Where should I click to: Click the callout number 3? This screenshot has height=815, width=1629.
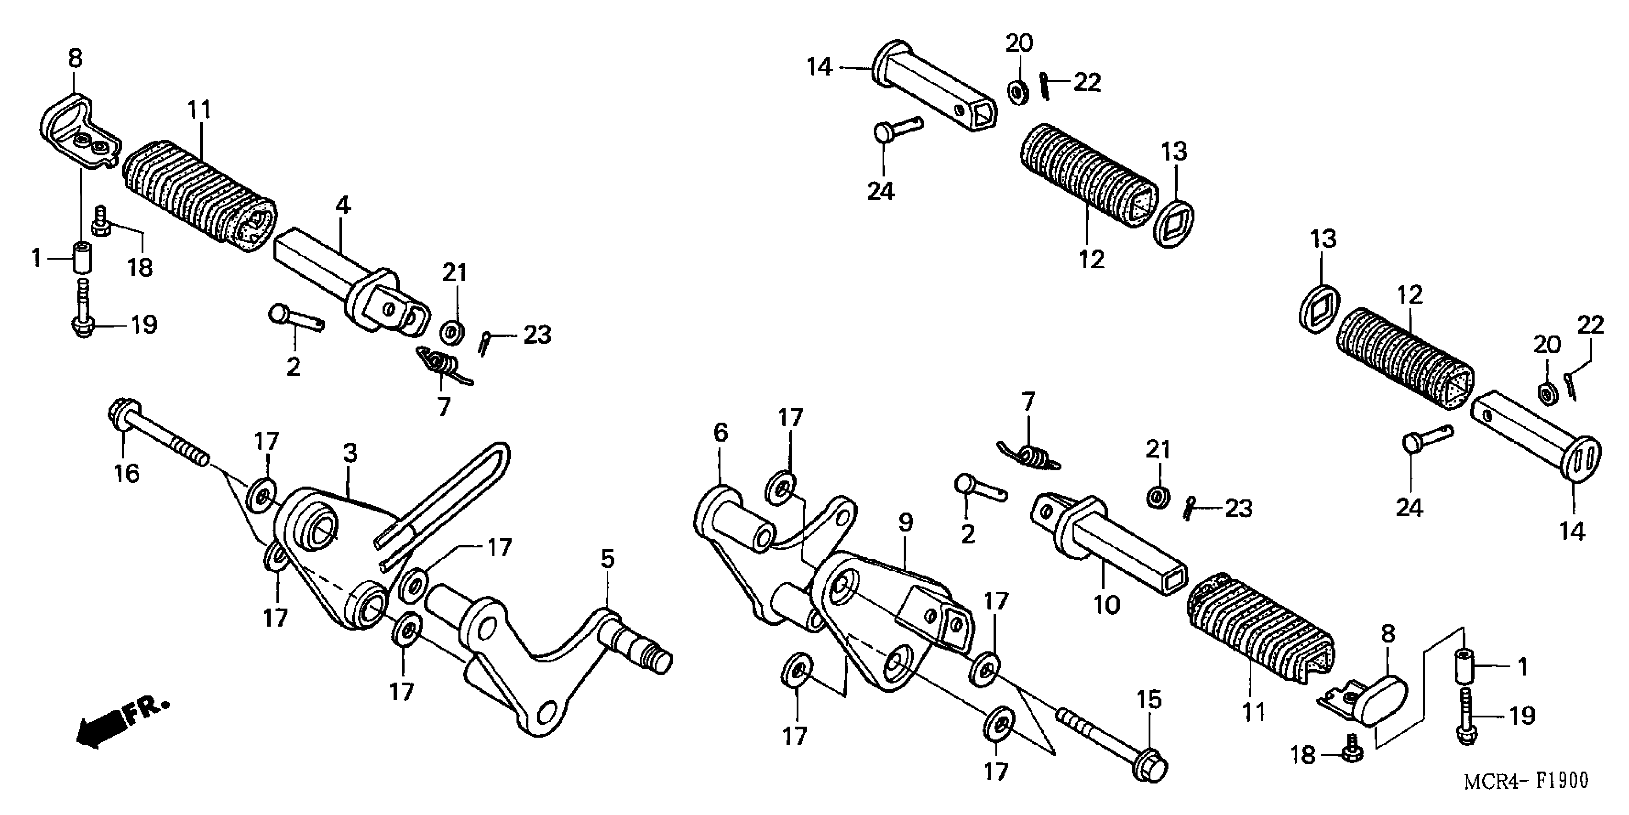(x=350, y=453)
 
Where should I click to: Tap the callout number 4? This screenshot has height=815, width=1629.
(x=342, y=205)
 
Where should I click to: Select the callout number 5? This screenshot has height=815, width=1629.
(x=607, y=559)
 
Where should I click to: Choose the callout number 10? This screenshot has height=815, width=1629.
(x=1107, y=605)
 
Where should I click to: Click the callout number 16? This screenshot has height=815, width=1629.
(x=126, y=473)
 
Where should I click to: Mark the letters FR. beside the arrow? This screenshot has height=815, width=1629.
(x=147, y=711)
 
